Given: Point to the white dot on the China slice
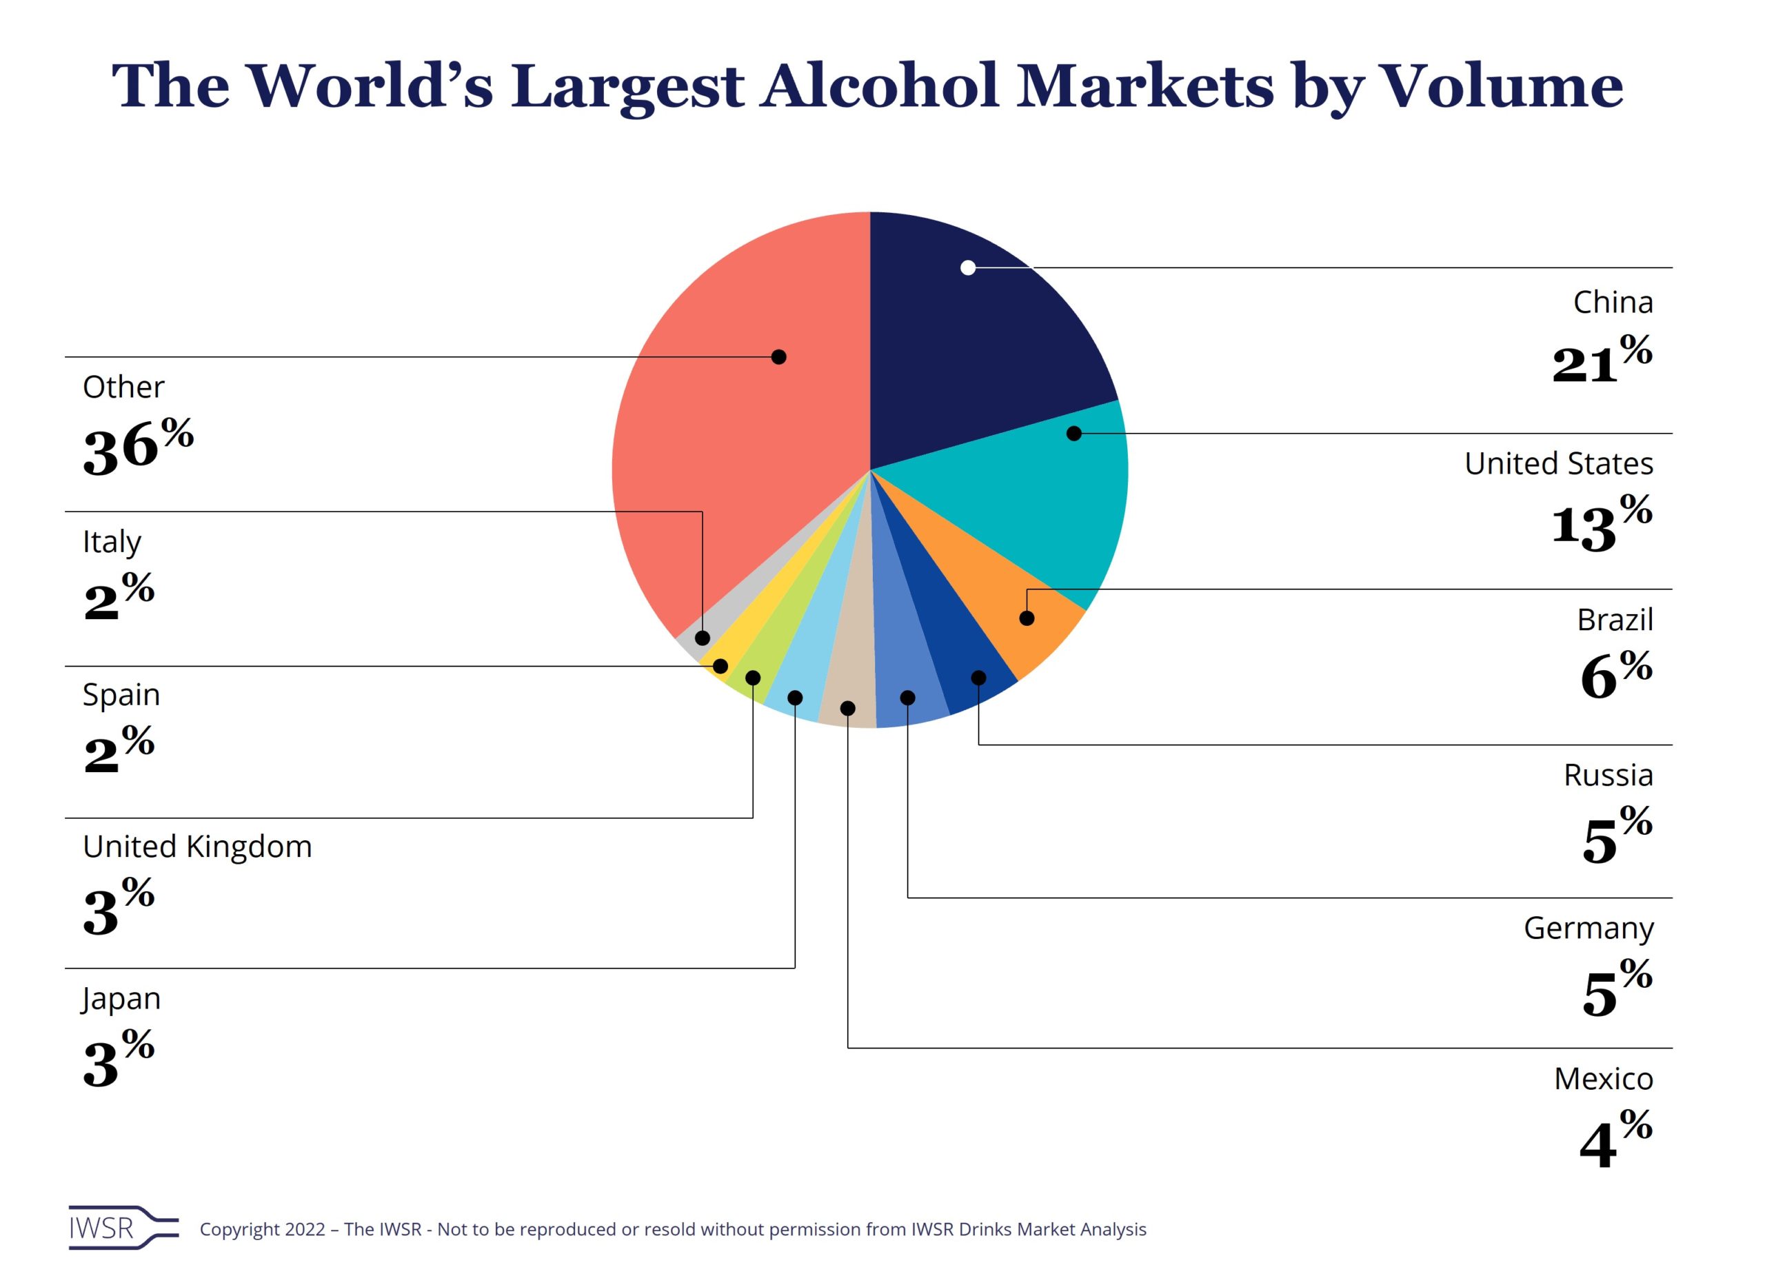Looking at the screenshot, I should (x=968, y=267).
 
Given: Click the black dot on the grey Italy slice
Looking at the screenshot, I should (x=702, y=638).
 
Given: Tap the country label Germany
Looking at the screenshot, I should (x=1588, y=927).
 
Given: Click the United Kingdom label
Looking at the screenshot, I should (x=197, y=847).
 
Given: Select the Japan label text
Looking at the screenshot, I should (x=121, y=998).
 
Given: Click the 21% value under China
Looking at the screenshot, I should (x=1601, y=359).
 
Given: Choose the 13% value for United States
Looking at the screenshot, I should (x=1601, y=521).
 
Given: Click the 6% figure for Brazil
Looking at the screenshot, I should (x=1615, y=673).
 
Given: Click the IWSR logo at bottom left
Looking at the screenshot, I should (x=123, y=1228).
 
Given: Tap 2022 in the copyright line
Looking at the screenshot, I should (x=304, y=1229).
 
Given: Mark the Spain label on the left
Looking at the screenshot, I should (x=121, y=695).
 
